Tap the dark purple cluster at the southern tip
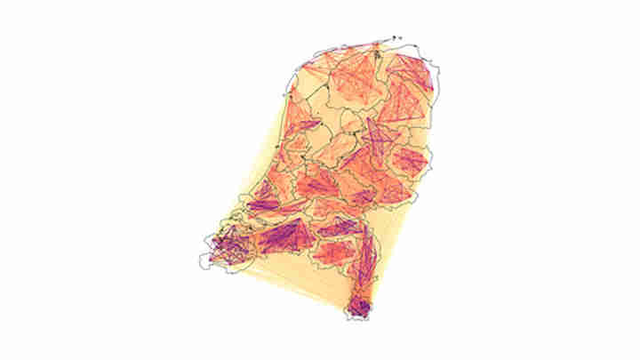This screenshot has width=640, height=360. coord(359,308)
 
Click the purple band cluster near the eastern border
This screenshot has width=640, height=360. coord(410,161)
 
